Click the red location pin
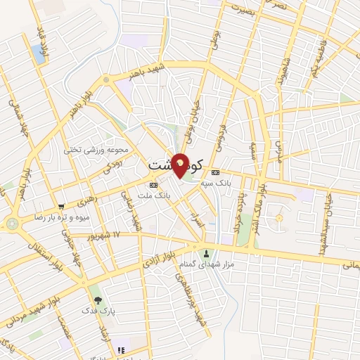pyautogui.click(x=181, y=165)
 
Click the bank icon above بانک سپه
pyautogui.click(x=215, y=172)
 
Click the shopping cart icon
pyautogui.click(x=62, y=207)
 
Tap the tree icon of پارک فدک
pyautogui.click(x=98, y=301)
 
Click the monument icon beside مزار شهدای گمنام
pyautogui.click(x=206, y=253)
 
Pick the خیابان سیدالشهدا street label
pyautogui.click(x=329, y=207)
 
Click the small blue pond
pyautogui.click(x=37, y=53)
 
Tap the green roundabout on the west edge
pyautogui.click(x=12, y=224)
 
